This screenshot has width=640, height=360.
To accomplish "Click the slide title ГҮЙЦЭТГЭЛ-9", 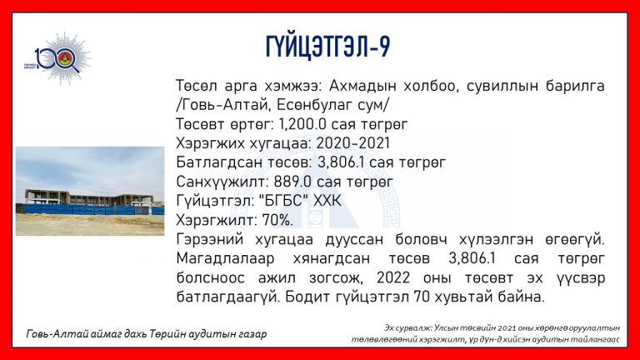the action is pyautogui.click(x=327, y=47).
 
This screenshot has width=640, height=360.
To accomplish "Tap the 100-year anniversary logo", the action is pyautogui.click(x=58, y=59).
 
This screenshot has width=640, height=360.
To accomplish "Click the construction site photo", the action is pyautogui.click(x=90, y=191).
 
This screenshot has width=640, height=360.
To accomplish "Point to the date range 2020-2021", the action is pyautogui.click(x=353, y=143).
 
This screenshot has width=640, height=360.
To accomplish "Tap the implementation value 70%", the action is pyautogui.click(x=277, y=220).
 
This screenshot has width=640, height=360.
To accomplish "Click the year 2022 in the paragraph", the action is pyautogui.click(x=393, y=278).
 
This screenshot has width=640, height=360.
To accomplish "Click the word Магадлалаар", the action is pyautogui.click(x=225, y=259).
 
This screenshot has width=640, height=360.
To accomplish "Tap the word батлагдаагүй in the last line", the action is pyautogui.click(x=227, y=297).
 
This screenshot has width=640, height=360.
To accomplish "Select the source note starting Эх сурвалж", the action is pyautogui.click(x=486, y=333).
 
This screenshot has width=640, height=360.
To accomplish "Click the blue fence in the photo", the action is pyautogui.click(x=90, y=210).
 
